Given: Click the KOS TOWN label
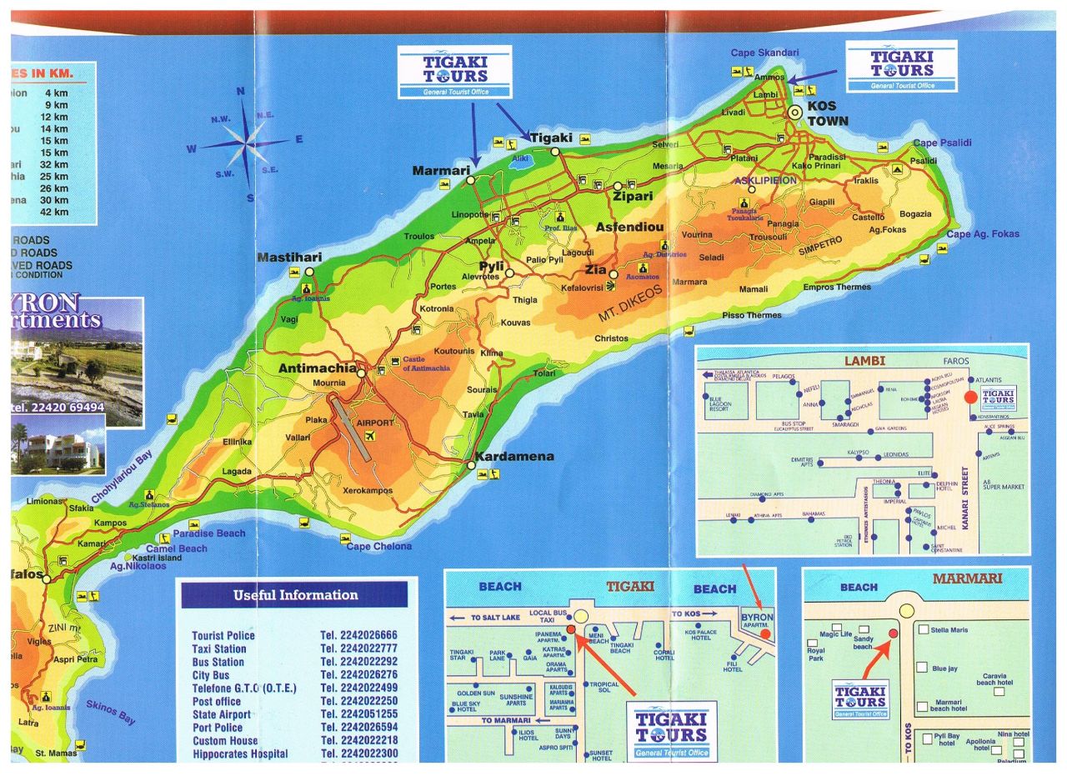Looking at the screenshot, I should (x=827, y=114).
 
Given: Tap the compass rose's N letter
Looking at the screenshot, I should (x=241, y=93).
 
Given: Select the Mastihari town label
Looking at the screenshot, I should (x=288, y=258).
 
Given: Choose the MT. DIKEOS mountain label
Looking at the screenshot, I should (x=629, y=304).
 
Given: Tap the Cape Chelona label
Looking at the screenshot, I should (x=379, y=546).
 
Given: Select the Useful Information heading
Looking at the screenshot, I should (x=295, y=595).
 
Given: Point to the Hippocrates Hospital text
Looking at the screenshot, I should (x=239, y=753).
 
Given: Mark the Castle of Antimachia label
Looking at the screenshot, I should (x=426, y=363).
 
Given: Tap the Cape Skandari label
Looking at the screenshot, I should (x=764, y=53).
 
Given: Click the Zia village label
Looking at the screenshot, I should (x=596, y=270).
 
